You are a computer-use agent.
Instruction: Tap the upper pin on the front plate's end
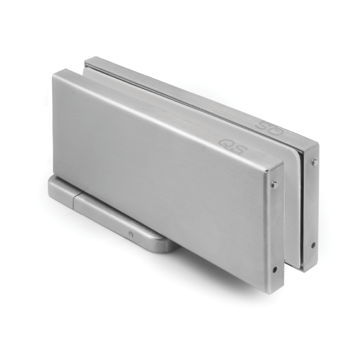click(x=274, y=184)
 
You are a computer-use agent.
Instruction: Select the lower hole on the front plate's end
click(x=274, y=269)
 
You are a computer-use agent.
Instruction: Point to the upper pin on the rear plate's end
click(x=313, y=162)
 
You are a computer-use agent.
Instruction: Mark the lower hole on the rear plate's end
click(x=313, y=245)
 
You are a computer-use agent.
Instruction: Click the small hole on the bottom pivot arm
click(x=130, y=233)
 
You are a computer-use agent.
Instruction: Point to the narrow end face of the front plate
click(x=274, y=225)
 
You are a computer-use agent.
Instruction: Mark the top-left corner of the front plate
click(x=55, y=73)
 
